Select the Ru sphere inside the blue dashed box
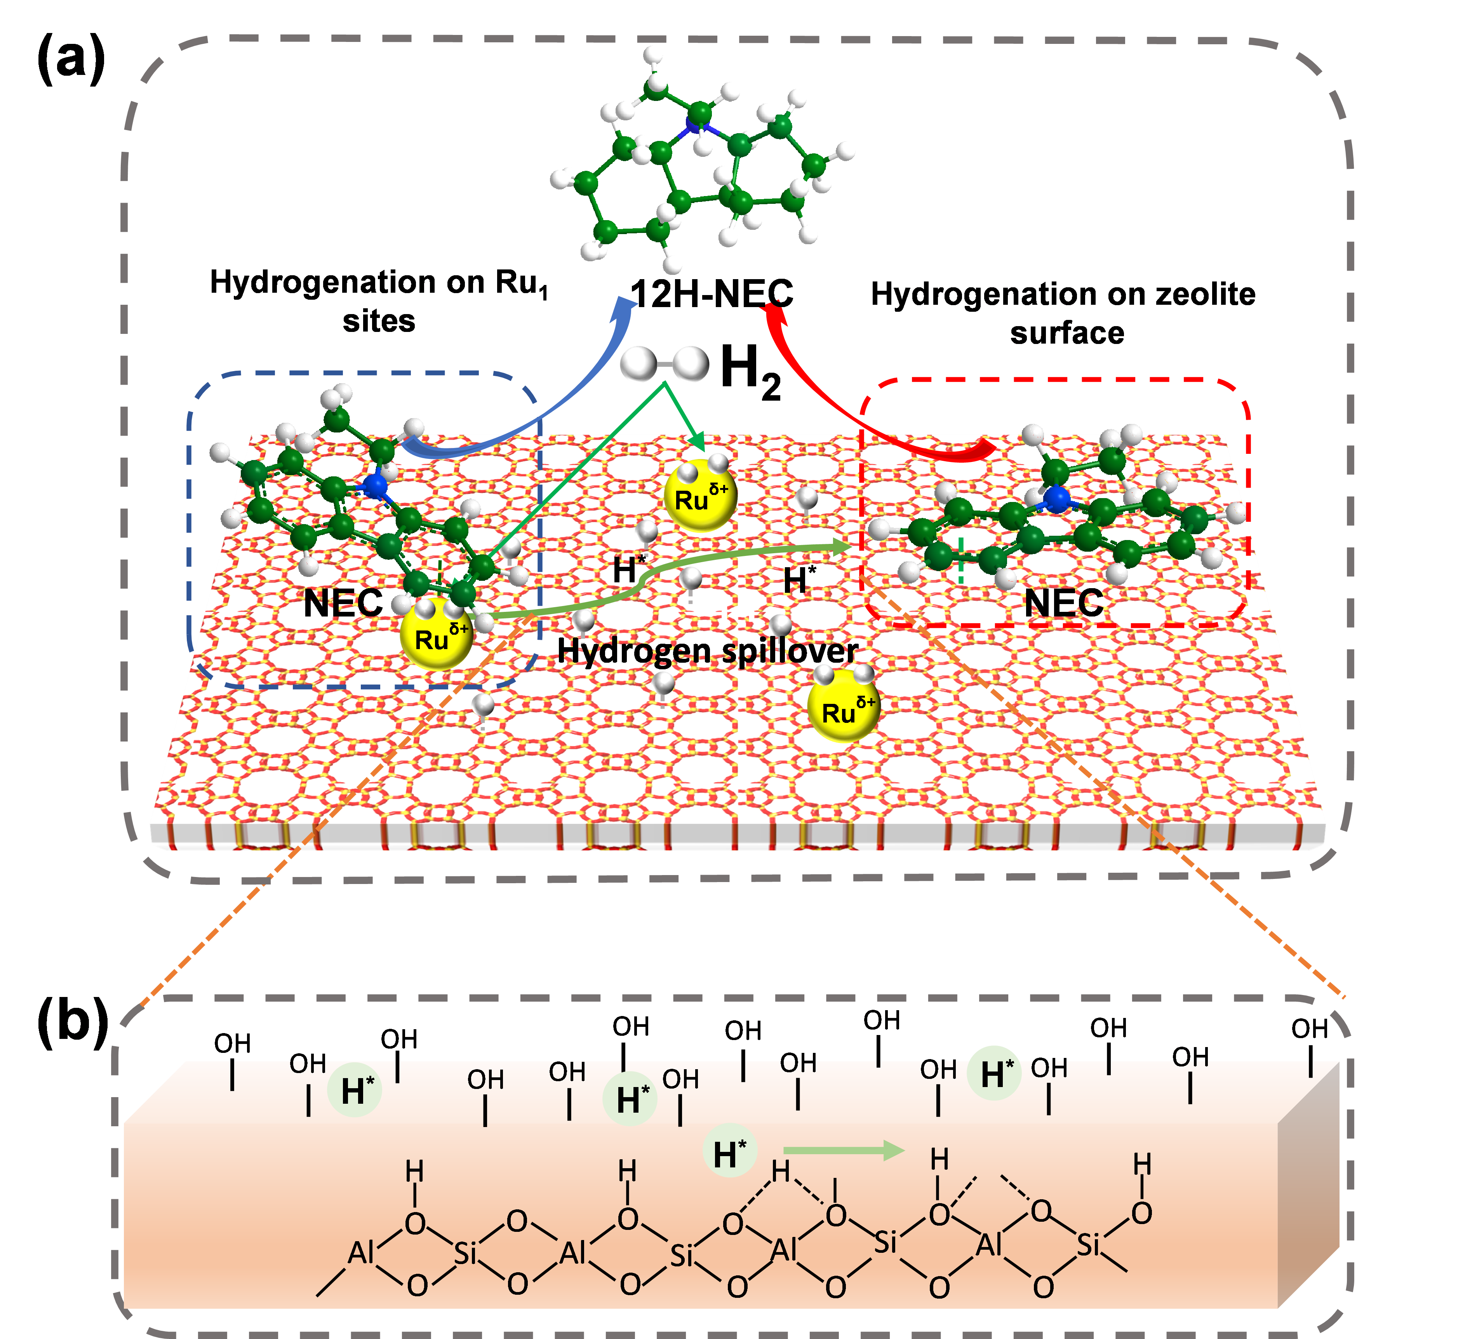click(x=437, y=634)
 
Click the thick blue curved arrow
click(x=559, y=397)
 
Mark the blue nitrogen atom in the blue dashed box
click(x=375, y=486)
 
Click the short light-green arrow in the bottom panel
click(x=843, y=1150)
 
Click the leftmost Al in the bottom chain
click(x=361, y=1252)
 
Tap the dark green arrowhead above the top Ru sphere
click(x=697, y=444)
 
